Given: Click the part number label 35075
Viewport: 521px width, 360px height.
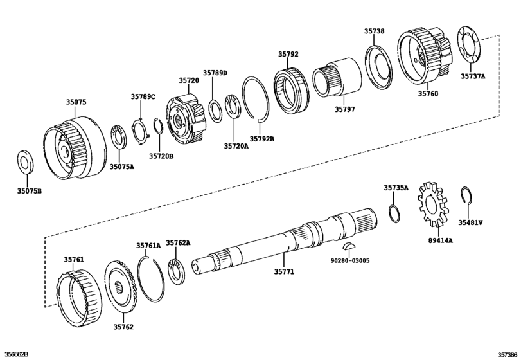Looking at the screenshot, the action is click(75, 102).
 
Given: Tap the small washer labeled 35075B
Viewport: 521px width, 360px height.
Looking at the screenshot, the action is click(24, 162).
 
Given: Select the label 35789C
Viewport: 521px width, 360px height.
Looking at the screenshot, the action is click(143, 96).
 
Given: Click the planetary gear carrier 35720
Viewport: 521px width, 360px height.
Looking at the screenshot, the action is click(186, 119).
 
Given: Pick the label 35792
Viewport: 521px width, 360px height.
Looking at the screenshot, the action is click(288, 54).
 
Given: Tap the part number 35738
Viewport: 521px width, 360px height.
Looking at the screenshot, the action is click(374, 31).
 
